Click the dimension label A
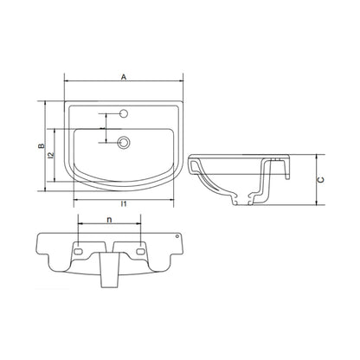point(124,77)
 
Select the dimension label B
point(42,146)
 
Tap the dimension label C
point(320,180)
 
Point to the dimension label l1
point(124,204)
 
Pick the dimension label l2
point(51,156)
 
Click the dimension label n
point(109,220)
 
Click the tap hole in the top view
point(124,113)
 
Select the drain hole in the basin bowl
point(124,143)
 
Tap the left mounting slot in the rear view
point(78,251)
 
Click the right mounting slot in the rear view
point(140,251)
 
